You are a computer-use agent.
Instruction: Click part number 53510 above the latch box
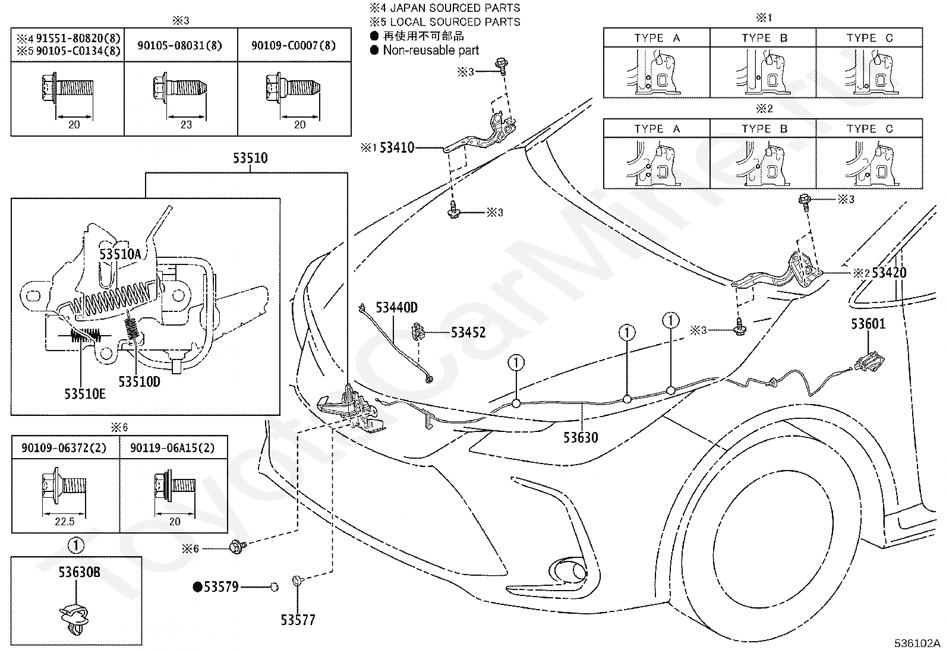coord(250,158)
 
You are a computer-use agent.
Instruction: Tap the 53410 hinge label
coord(397,147)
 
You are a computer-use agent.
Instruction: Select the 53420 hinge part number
coord(889,273)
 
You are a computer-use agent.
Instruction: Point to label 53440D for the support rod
coord(396,308)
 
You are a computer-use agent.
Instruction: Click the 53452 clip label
coord(468,332)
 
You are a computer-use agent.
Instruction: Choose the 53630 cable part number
coord(581,437)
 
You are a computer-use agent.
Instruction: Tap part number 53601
coord(868,324)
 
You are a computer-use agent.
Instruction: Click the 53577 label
coord(298,620)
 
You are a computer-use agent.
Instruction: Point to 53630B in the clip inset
coord(79,572)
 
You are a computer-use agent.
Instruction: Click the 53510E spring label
coord(85,394)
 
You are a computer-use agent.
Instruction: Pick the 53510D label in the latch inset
coord(140,381)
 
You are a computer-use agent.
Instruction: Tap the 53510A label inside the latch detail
coord(121,254)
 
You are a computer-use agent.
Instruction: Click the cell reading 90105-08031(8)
coord(181,45)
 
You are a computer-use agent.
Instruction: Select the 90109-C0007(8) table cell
coord(294,45)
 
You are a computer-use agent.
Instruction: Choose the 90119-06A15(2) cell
coord(173,448)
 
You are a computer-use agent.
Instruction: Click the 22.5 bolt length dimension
coord(65,522)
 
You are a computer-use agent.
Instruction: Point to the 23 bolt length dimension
coord(186,125)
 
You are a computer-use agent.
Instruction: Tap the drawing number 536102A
coord(917,643)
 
